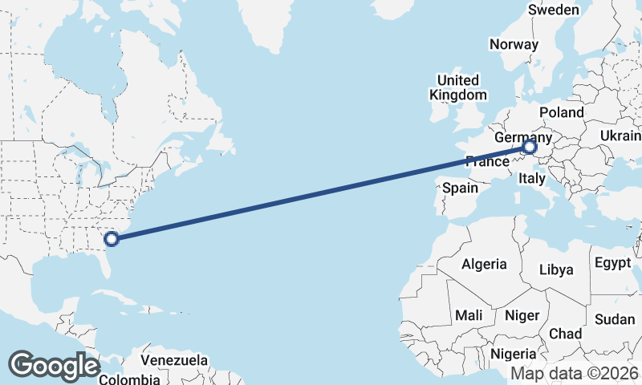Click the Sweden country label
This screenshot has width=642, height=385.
[553, 10]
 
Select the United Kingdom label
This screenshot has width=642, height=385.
[458, 87]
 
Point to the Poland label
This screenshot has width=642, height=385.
[562, 111]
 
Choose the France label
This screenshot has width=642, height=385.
[487, 161]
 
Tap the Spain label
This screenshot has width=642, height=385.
[460, 188]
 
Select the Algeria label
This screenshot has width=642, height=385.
[484, 263]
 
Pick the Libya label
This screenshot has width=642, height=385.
[556, 269]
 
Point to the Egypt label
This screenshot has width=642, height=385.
[613, 263]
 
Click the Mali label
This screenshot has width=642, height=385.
[468, 315]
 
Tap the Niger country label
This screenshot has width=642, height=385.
[522, 315]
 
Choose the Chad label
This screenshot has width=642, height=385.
[565, 334]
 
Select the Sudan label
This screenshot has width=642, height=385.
[615, 319]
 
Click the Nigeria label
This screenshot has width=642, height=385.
[513, 354]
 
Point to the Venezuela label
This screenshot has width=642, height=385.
[174, 360]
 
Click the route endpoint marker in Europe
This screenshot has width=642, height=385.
[529, 148]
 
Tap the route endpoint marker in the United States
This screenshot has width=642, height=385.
[112, 237]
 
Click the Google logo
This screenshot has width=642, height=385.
[54, 366]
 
